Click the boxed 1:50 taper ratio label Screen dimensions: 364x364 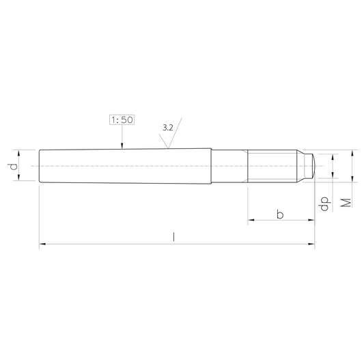point(122,120)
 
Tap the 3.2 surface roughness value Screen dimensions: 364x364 point(168,128)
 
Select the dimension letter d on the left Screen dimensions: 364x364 point(14,167)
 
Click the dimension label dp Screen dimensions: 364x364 point(324,204)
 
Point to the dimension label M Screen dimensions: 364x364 point(346,203)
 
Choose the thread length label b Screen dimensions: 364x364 point(280,214)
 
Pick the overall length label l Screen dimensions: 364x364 point(173,237)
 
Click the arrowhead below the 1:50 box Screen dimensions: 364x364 point(122,145)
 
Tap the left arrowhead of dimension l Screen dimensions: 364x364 point(42,244)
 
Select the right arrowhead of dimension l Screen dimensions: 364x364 point(311,244)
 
